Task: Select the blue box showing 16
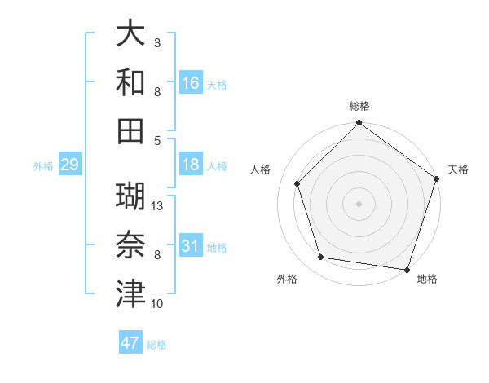[x=191, y=83]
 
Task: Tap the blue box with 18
[x=191, y=165]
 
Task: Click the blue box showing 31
[x=191, y=246]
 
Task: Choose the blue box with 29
[x=69, y=165]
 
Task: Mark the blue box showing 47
[x=130, y=343]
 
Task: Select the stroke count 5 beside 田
[x=157, y=140]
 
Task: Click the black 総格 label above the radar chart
[x=359, y=106]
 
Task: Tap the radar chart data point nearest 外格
[x=321, y=258]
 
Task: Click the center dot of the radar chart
[x=359, y=204]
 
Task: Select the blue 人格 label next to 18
[x=217, y=165]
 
